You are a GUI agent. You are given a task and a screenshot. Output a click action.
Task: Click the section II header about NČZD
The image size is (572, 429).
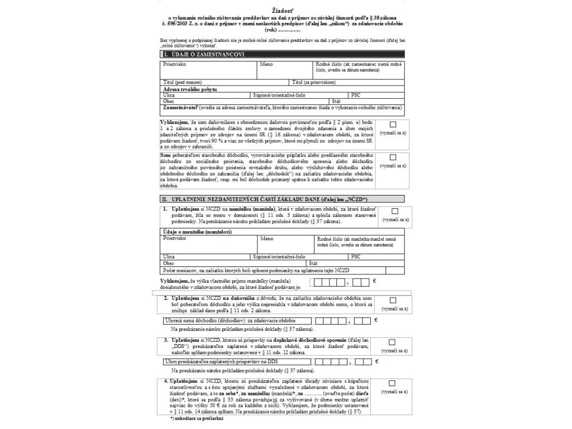[x=265, y=199]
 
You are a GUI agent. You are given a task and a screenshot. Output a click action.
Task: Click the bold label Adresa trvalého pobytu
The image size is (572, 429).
[x=190, y=89]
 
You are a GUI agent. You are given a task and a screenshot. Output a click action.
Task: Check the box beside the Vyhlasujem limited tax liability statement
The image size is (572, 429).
[x=393, y=125]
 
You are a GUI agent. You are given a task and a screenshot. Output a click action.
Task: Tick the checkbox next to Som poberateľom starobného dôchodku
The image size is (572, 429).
[x=393, y=157]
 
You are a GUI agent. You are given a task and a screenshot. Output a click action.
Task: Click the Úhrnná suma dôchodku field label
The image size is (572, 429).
[x=229, y=321]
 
